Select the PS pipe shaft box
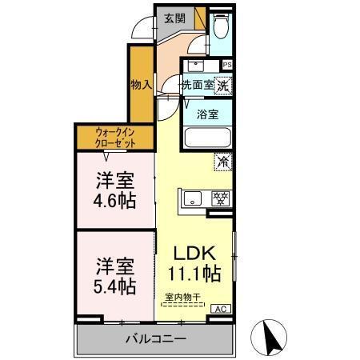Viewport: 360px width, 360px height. tap(228, 65)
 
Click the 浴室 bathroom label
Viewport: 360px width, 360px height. tap(207, 114)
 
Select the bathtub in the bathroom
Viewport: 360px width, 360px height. tap(207, 138)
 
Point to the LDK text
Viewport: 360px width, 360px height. tap(194, 253)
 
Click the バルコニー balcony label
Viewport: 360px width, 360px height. tap(155, 339)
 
